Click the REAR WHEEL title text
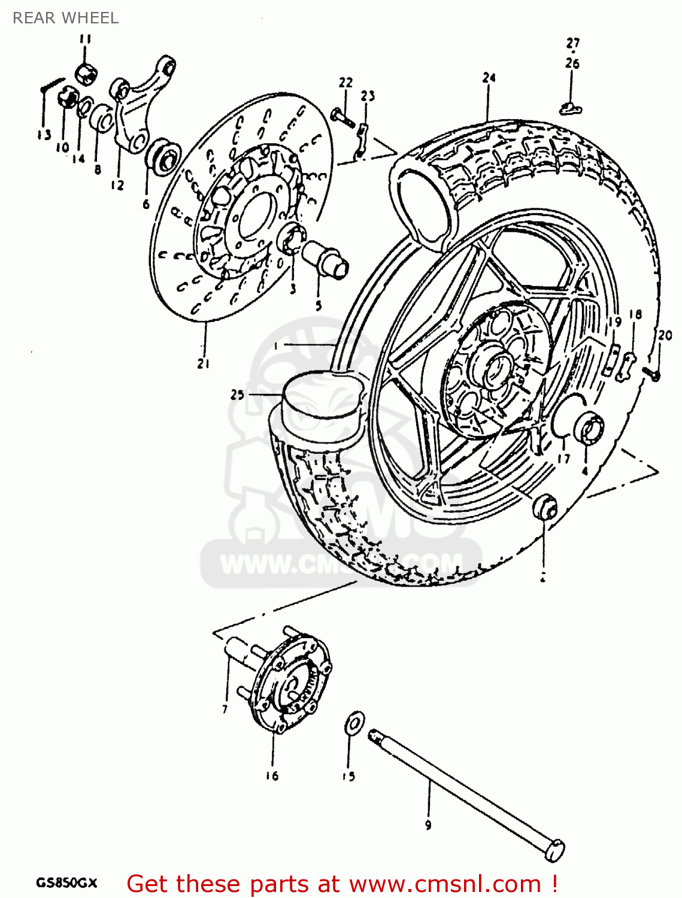65,18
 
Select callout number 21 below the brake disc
204,363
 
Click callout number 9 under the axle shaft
428,826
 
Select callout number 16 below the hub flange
272,776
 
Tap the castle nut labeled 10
68,97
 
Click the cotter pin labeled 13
52,85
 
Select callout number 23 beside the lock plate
368,96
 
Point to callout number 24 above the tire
489,77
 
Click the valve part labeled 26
571,108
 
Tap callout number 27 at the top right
573,43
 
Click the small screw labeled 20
652,374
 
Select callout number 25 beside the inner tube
238,395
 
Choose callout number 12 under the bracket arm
117,185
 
